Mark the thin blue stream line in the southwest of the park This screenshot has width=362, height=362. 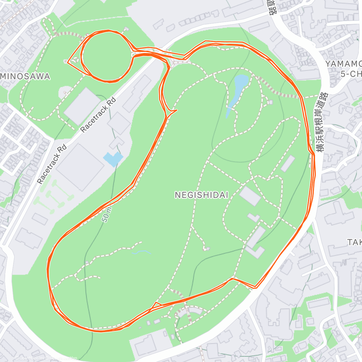pos(141,252)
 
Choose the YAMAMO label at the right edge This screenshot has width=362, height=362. pos(344,64)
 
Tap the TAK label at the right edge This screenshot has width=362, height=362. pos(354,242)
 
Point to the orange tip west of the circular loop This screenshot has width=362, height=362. pos(68,63)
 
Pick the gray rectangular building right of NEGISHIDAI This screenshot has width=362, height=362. pos(250,196)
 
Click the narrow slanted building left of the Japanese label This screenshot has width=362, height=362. pos(288,164)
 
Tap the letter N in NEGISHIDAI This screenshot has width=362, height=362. pos(177,195)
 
